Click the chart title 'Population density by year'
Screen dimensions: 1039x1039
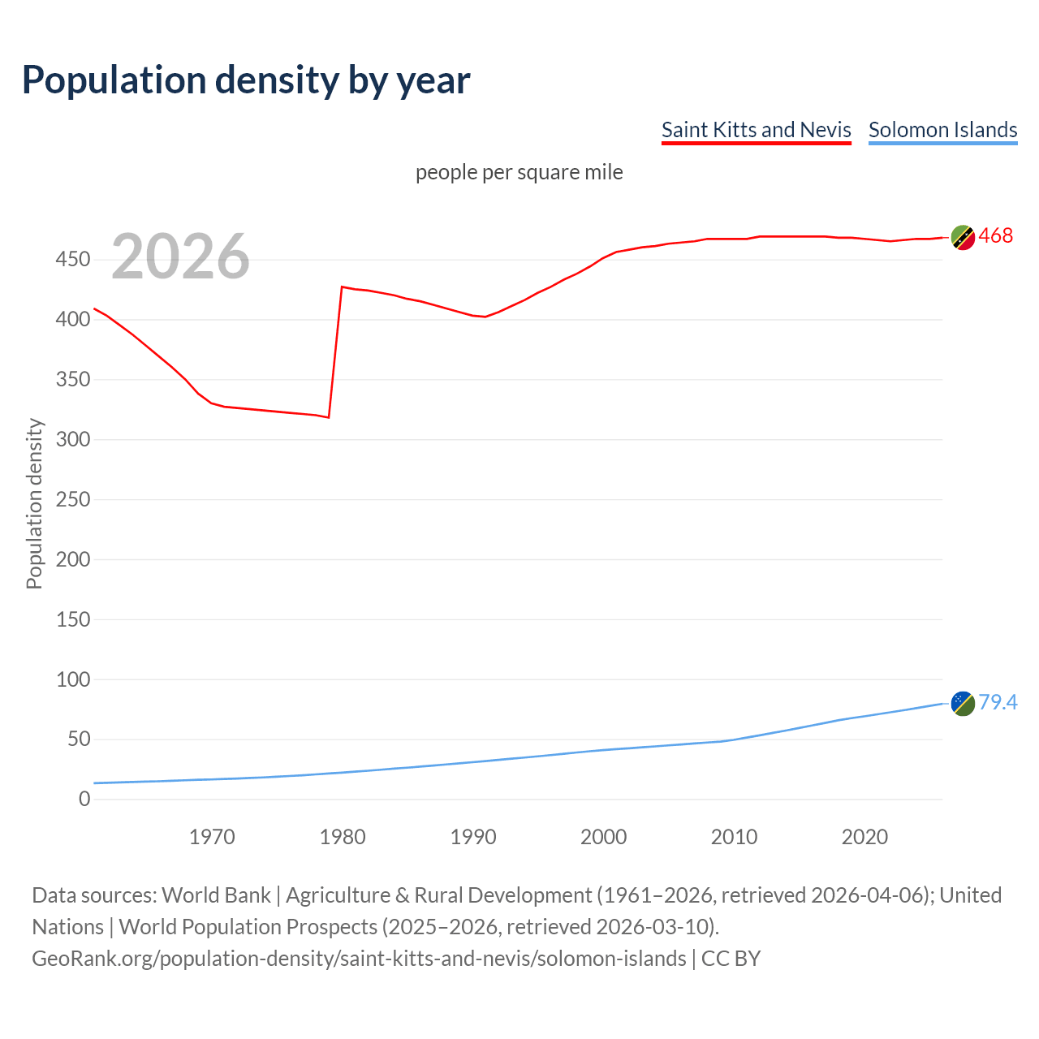pyautogui.click(x=246, y=80)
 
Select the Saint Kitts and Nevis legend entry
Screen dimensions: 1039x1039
pyautogui.click(x=756, y=130)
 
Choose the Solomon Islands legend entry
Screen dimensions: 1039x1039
pyautogui.click(x=942, y=130)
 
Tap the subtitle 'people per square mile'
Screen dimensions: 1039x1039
pyautogui.click(x=519, y=172)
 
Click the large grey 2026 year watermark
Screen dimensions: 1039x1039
pyautogui.click(x=180, y=257)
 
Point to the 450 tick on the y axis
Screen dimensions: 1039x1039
pyautogui.click(x=73, y=260)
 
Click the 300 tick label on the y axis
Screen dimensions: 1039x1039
pyautogui.click(x=73, y=439)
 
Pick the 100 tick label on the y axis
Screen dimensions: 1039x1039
pyautogui.click(x=73, y=679)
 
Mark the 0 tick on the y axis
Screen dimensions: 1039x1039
pyautogui.click(x=84, y=799)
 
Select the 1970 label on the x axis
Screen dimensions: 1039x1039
pyautogui.click(x=212, y=837)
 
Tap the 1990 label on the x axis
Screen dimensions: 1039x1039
pyautogui.click(x=473, y=837)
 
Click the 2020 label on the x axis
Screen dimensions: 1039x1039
pyautogui.click(x=864, y=837)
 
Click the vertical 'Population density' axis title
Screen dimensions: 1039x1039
pyautogui.click(x=34, y=503)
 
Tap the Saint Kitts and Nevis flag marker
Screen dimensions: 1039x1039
pyautogui.click(x=963, y=238)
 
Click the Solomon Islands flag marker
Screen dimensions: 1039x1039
pyautogui.click(x=963, y=704)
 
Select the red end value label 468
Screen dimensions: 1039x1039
pyautogui.click(x=996, y=236)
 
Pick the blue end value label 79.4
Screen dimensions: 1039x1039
pyautogui.click(x=998, y=702)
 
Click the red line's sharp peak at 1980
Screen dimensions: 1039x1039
pyautogui.click(x=342, y=287)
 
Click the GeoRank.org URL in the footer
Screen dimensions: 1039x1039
pyautogui.click(x=359, y=959)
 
